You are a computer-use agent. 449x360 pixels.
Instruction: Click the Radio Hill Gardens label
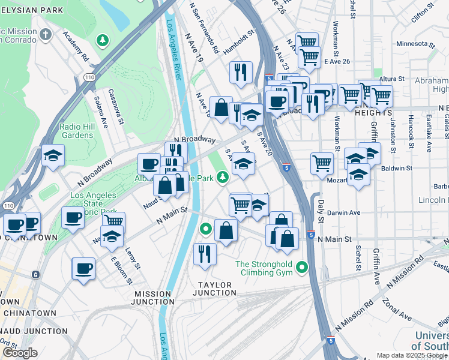(76, 131)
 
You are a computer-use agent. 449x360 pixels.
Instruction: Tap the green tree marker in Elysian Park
(103, 40)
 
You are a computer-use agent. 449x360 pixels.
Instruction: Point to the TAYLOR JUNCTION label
(214, 289)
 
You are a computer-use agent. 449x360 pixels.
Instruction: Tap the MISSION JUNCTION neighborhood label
(152, 298)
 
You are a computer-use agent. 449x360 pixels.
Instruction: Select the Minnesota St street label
(415, 44)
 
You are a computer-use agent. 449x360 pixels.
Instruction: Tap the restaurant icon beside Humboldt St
(240, 72)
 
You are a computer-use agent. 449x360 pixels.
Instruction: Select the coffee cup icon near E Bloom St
(83, 268)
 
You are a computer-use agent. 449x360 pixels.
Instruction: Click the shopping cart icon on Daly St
(322, 163)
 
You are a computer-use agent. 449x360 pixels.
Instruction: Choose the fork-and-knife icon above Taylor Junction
(205, 254)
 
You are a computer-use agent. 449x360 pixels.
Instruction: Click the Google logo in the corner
(19, 353)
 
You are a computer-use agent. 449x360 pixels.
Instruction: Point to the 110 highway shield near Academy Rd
(88, 77)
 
